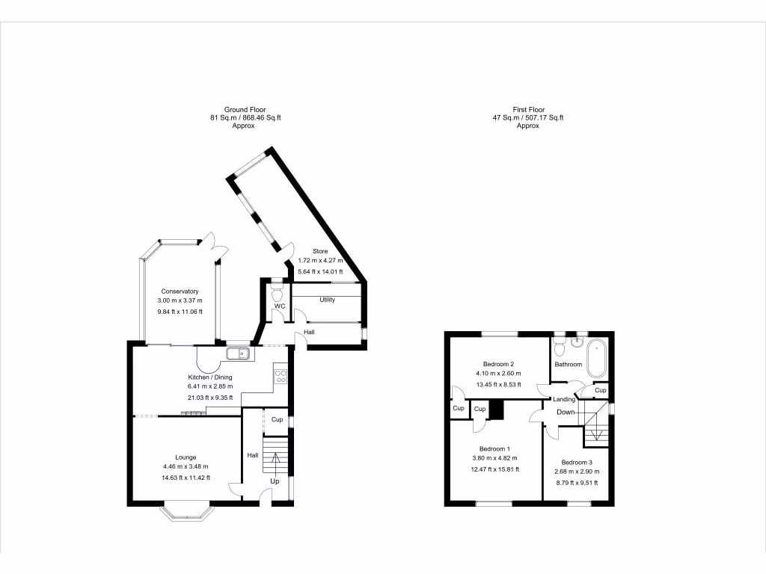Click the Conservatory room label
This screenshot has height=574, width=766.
[179, 291]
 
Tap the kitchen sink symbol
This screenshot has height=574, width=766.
[238, 353]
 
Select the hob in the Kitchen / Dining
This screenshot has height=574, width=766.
[281, 375]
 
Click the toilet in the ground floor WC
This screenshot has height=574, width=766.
[278, 288]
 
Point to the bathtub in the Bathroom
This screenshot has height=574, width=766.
[596, 359]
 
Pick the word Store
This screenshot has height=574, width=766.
[320, 251]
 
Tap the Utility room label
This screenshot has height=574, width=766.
[327, 300]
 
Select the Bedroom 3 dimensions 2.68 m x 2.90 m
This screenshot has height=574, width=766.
[577, 472]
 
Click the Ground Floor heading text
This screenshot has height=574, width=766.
[245, 110]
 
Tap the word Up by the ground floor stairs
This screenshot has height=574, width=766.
[275, 482]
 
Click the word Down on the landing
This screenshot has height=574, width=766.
[566, 412]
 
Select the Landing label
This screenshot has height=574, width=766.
[564, 400]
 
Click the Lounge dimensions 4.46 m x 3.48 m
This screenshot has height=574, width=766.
[186, 467]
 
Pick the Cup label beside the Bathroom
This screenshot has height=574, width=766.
[600, 390]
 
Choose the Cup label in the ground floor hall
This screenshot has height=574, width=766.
[277, 419]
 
